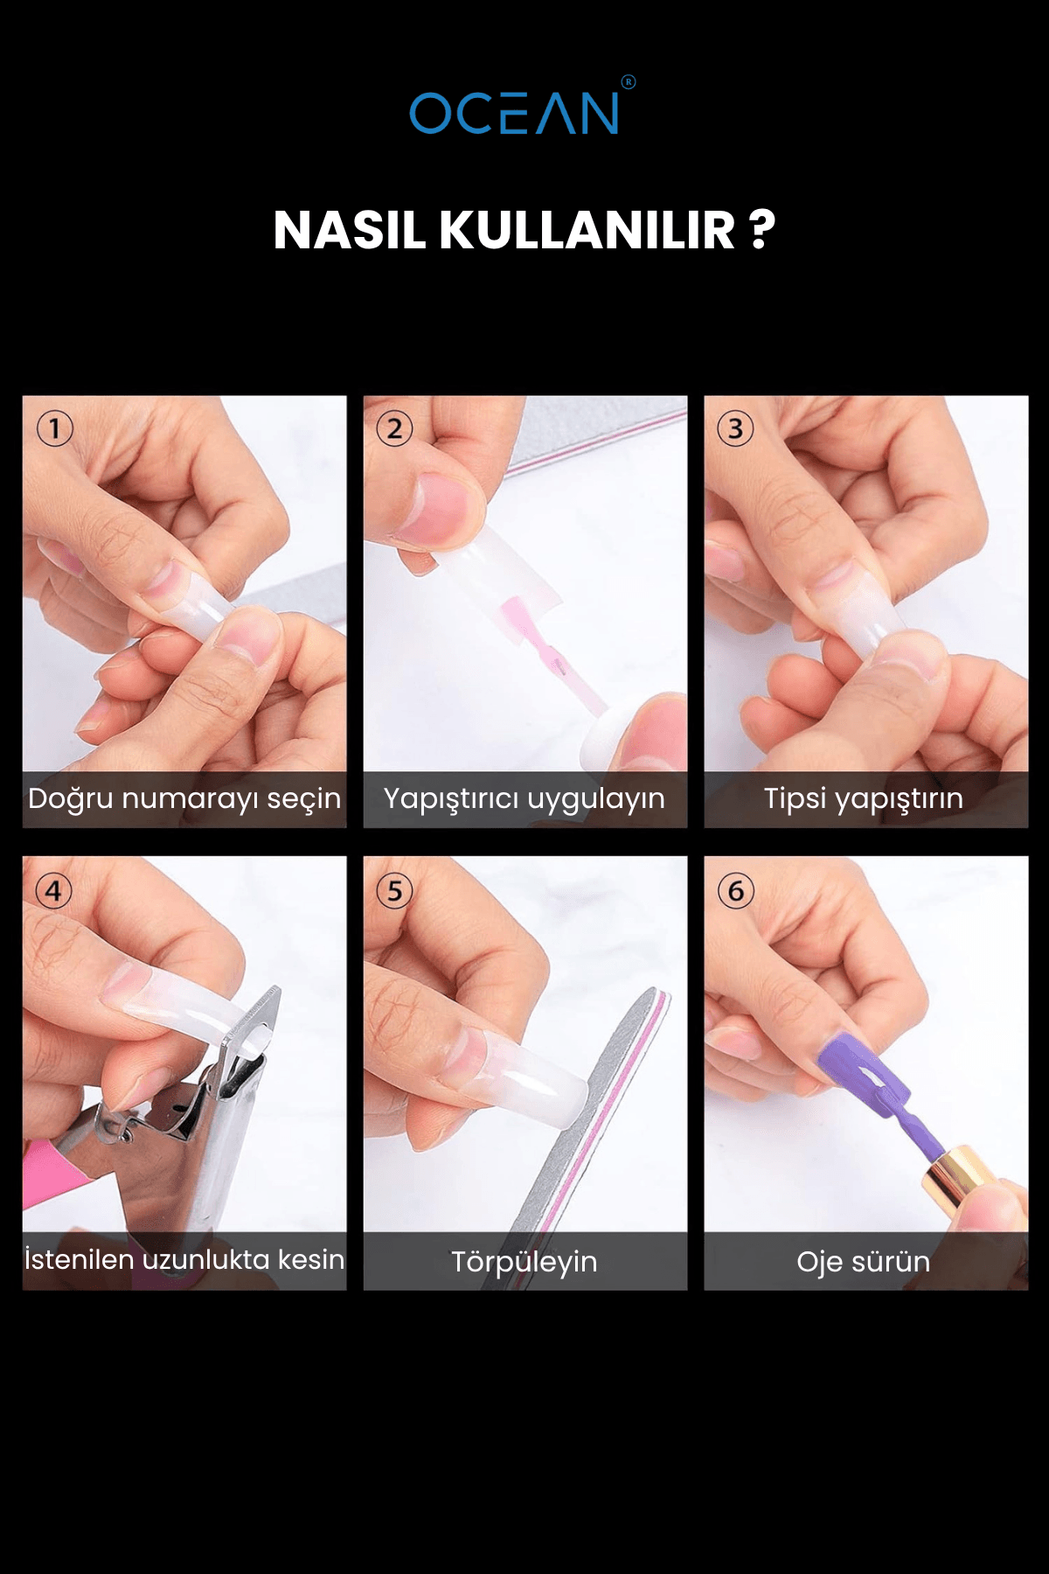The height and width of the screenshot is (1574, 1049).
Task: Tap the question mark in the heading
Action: pos(762,231)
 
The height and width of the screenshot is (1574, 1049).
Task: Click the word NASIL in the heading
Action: pos(349,231)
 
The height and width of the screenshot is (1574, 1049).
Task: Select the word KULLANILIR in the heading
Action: pos(587,231)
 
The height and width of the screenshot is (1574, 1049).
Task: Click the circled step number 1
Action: pos(54,429)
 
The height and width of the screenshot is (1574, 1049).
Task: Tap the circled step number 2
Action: pos(394,429)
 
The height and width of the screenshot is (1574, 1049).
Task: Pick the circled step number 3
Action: pos(735,429)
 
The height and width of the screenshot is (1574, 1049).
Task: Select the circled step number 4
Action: pos(54,891)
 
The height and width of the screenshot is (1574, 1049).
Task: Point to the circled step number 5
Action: pos(394,891)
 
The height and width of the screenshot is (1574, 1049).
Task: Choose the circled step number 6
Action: pos(735,891)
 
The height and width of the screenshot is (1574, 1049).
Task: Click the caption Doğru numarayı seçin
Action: pos(184,799)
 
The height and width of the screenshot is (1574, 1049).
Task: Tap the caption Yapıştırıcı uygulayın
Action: pos(524,799)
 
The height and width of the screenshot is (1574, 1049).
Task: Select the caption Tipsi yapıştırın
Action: pos(864,799)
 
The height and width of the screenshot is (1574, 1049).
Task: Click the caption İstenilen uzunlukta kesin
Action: pos(184,1260)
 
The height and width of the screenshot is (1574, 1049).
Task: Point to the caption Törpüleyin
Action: pos(524,1262)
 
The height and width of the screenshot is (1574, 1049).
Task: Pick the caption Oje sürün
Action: pos(864,1262)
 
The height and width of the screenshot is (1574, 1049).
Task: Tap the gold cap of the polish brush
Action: pos(962,1174)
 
